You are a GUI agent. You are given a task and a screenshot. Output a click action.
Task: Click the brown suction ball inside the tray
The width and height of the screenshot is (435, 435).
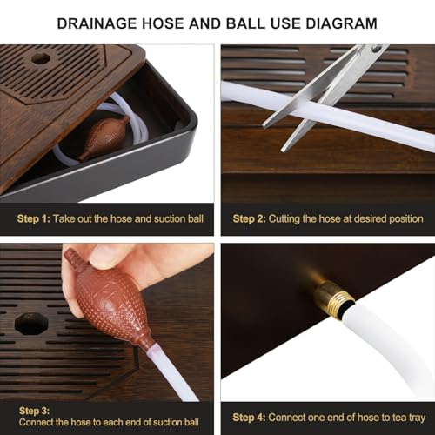[104, 137]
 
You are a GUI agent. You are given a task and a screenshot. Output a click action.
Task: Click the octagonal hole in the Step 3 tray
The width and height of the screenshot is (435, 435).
[30, 324]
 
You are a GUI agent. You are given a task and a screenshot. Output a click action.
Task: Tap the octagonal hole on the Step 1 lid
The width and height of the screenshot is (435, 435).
[40, 59]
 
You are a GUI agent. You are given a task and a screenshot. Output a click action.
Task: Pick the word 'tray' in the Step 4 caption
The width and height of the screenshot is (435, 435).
[414, 417]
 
